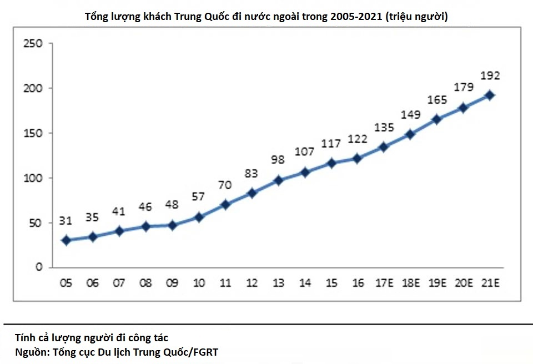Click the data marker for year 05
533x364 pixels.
point(66,240)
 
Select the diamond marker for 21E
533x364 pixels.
point(490,95)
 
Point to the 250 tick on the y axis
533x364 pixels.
point(34,43)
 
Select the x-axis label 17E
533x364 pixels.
point(384,284)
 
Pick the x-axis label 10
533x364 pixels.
point(198,284)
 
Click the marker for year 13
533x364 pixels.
point(278,180)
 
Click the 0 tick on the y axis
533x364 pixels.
point(39,267)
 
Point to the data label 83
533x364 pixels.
point(252,173)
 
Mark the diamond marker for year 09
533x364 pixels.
point(172,226)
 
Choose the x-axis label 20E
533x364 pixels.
point(464,284)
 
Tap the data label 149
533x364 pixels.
point(411,115)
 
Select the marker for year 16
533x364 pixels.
point(358,159)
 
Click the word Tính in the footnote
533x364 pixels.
point(26,337)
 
